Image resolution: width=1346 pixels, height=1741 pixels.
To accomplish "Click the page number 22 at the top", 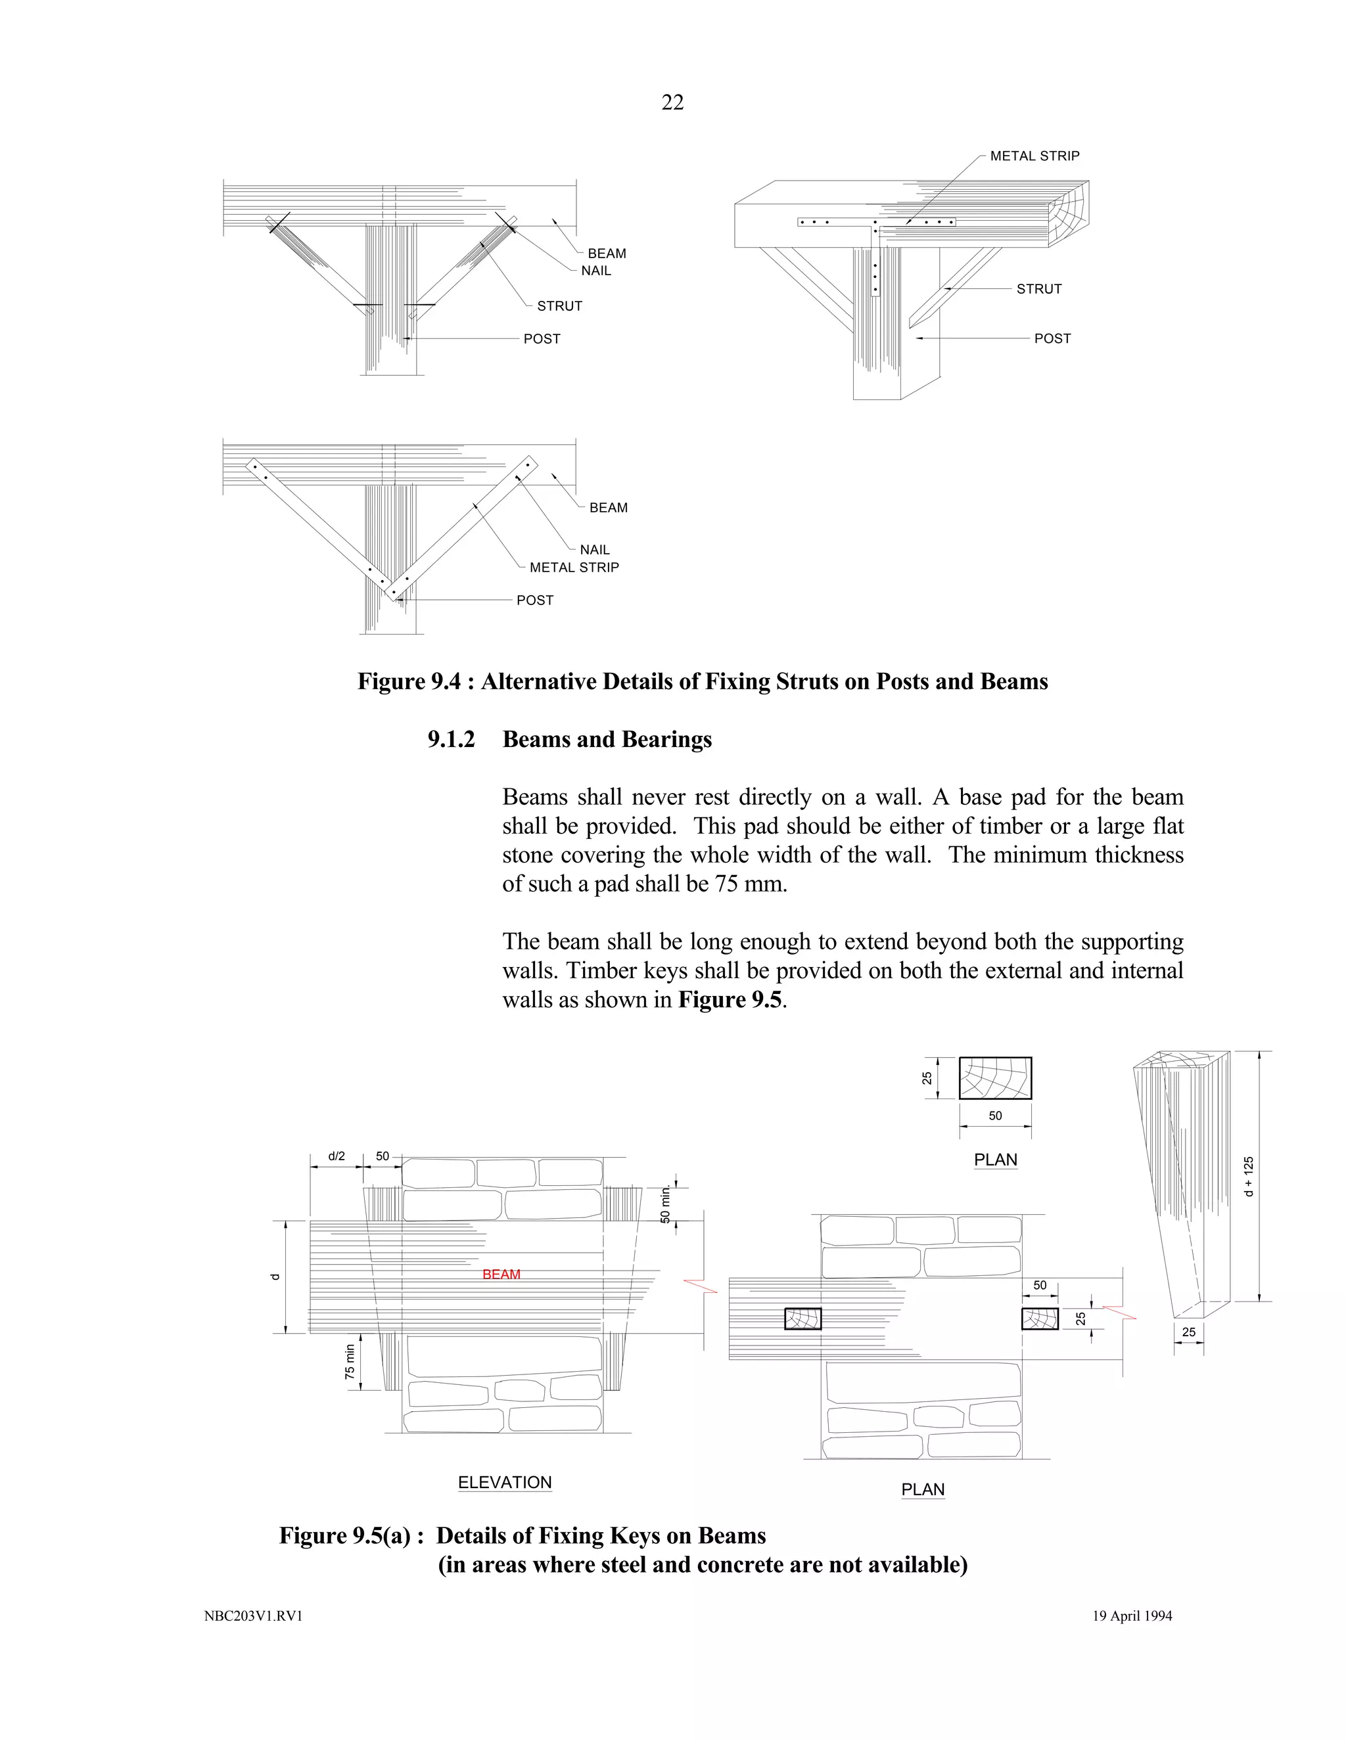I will (672, 102).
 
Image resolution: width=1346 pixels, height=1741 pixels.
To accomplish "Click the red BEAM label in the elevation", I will (501, 1274).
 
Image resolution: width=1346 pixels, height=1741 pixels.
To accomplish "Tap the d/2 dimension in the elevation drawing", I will (336, 1156).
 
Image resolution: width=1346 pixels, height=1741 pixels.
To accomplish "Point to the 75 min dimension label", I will (349, 1361).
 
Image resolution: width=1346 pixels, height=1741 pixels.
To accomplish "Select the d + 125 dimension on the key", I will (1249, 1177).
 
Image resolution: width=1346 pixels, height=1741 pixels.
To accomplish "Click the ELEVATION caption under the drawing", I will (505, 1482).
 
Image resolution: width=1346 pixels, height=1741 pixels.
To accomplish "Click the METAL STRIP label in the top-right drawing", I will (1034, 156).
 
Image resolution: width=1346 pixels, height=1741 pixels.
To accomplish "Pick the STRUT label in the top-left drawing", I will (559, 306).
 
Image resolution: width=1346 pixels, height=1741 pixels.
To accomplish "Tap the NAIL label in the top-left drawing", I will (595, 271).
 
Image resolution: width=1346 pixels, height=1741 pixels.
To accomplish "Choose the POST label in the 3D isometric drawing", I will (1052, 339).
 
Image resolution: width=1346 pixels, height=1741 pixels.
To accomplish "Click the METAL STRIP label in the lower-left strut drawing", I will (574, 568).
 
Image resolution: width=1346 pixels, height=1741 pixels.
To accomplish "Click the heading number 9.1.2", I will (450, 740).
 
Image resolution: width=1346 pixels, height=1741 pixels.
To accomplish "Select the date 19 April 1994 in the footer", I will (1132, 1616).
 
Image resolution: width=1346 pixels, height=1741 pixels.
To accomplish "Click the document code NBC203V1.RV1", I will (254, 1617).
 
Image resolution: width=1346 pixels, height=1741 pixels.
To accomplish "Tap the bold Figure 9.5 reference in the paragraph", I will (730, 1000).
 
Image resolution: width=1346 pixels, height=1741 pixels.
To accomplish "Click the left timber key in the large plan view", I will (803, 1319).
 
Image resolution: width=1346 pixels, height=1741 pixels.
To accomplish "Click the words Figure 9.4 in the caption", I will (408, 681).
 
